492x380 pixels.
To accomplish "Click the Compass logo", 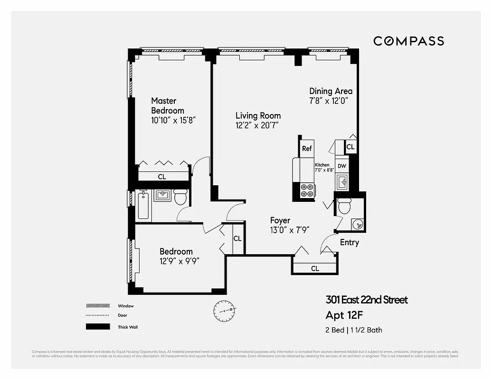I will click(408, 41).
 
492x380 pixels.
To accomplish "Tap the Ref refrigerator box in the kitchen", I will click(307, 149).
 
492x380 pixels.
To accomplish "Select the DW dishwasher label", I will click(341, 166).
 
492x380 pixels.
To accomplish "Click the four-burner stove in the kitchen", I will click(307, 190).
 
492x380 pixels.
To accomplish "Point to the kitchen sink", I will click(342, 181).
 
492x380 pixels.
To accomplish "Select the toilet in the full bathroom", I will click(180, 197).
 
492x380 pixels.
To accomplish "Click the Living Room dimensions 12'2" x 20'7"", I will click(256, 126).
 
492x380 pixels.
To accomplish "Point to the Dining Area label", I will click(331, 91).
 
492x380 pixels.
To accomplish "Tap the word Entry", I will click(349, 243).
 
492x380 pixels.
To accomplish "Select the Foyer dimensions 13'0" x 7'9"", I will click(290, 230).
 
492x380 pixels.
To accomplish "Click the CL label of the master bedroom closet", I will click(161, 177).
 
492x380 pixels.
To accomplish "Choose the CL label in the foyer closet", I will click(314, 268).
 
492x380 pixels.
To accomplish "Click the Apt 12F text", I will click(347, 315).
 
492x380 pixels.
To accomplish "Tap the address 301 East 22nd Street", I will click(366, 300).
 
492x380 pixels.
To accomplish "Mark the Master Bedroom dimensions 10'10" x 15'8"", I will click(173, 121).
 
